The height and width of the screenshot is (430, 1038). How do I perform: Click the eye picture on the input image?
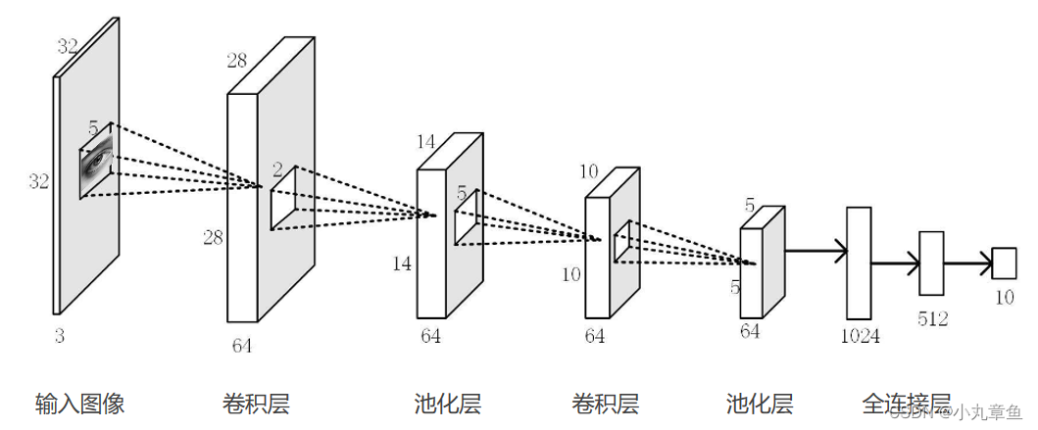click(x=96, y=163)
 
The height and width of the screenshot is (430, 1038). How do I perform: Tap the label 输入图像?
click(x=80, y=404)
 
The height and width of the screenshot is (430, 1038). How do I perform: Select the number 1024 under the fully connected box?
click(x=859, y=336)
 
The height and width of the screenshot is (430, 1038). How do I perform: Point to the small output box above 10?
click(x=1004, y=263)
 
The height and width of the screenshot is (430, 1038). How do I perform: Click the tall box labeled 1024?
click(x=859, y=263)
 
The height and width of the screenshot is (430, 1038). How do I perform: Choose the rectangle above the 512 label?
click(x=931, y=263)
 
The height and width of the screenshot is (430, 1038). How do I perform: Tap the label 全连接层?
click(x=907, y=404)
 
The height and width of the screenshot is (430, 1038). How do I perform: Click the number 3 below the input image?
click(x=59, y=336)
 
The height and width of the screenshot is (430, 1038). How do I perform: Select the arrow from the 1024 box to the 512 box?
click(x=895, y=263)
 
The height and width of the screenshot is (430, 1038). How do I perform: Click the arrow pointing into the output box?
click(x=967, y=263)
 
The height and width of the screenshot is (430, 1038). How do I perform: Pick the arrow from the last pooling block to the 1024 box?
click(x=816, y=253)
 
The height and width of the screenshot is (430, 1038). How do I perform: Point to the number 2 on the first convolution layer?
click(x=277, y=169)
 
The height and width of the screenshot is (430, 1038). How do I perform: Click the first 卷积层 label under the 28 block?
click(x=257, y=404)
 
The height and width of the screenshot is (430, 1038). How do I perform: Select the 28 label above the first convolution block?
click(x=237, y=61)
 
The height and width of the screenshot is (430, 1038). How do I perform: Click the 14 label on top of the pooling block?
click(x=425, y=142)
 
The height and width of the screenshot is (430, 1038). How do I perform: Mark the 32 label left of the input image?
click(x=38, y=181)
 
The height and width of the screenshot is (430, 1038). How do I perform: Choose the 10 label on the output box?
click(x=1004, y=297)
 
